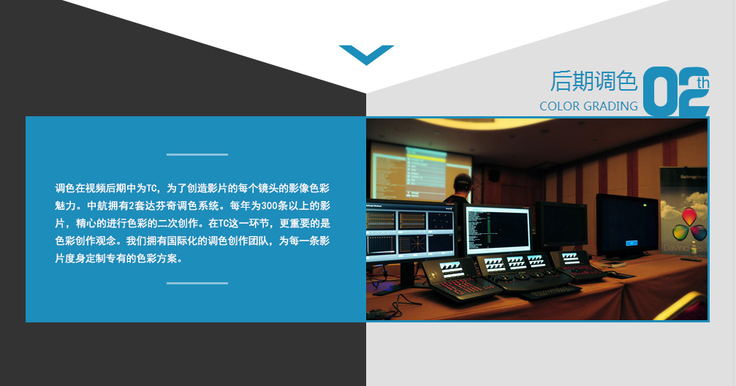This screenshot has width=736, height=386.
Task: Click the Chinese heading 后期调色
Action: click(593, 81)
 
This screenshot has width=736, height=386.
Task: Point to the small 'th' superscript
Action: click(702, 83)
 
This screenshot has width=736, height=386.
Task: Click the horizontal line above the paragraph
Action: click(197, 154)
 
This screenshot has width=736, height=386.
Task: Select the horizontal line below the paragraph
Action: click(197, 283)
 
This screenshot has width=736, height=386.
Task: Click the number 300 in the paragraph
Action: click(270, 205)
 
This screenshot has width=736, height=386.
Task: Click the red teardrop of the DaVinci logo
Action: click(689, 216)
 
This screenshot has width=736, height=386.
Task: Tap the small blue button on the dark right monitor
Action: click(631, 243)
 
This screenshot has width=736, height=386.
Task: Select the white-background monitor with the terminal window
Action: click(498, 229)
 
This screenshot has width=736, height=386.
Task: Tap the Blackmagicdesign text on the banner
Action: click(694, 177)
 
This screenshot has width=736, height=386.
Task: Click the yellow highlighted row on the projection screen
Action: click(426, 159)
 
